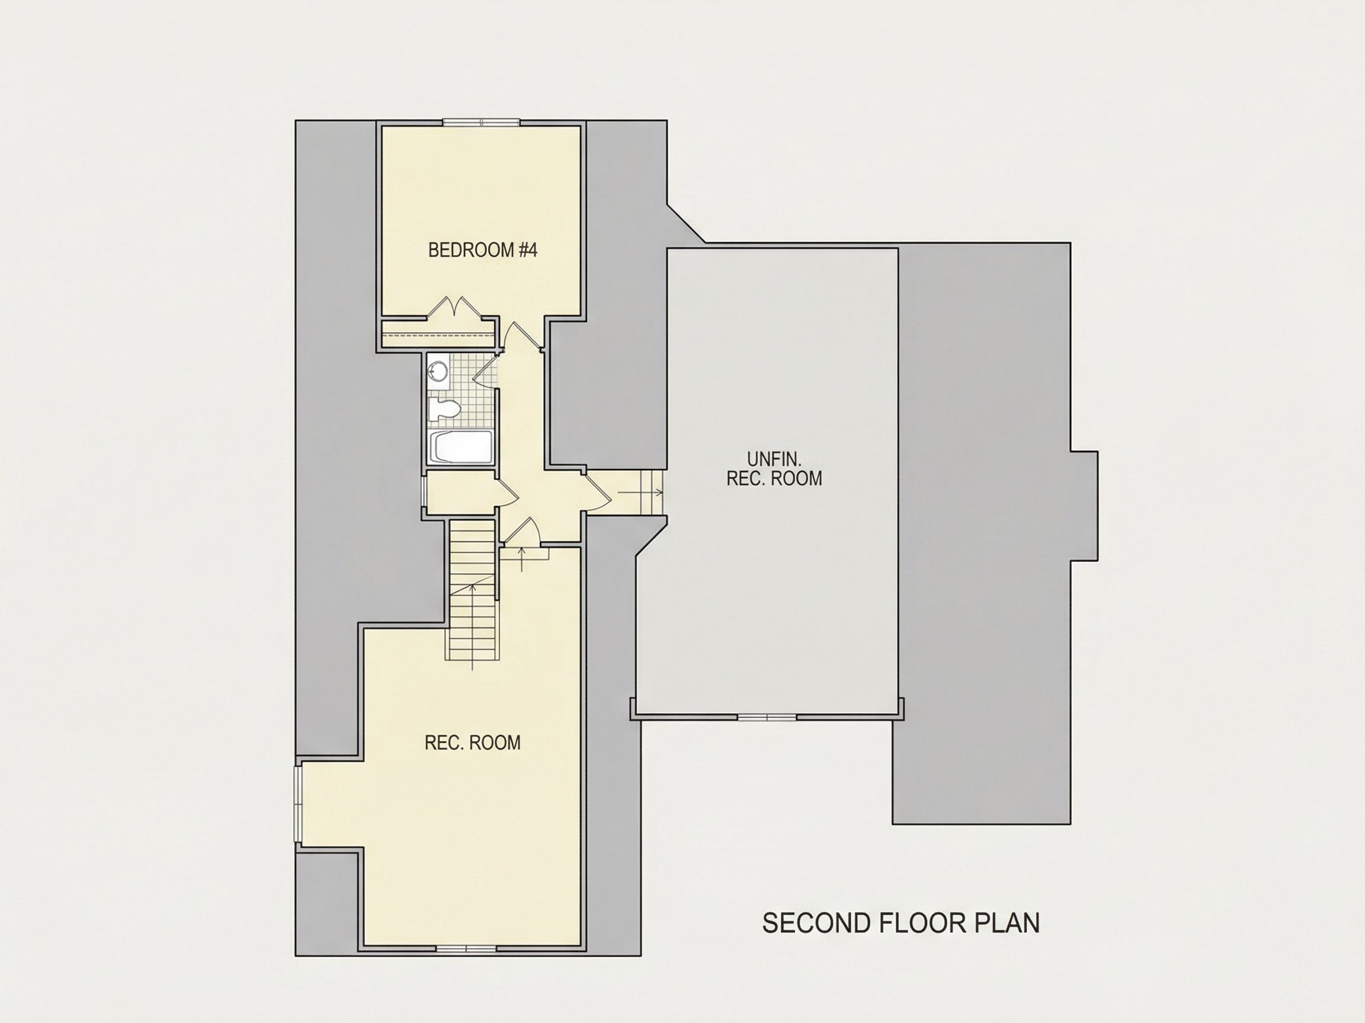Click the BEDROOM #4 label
[x=483, y=250]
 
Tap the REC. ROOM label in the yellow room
[x=473, y=742]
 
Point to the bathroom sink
[x=437, y=371]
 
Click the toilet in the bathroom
[x=444, y=410]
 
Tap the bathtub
[x=461, y=447]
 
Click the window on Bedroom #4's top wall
[x=482, y=122]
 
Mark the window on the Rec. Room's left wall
[x=299, y=804]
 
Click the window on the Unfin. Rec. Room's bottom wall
[x=767, y=717]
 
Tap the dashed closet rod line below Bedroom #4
[x=438, y=336]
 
